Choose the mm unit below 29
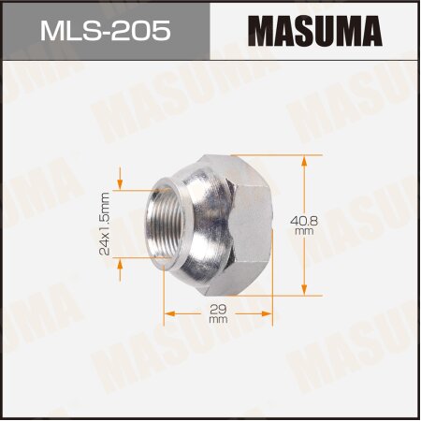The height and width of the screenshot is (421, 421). pos(219,320)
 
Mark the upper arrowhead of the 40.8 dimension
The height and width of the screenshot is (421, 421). pos(306,159)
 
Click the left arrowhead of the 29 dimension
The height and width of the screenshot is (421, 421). pos(167,310)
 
